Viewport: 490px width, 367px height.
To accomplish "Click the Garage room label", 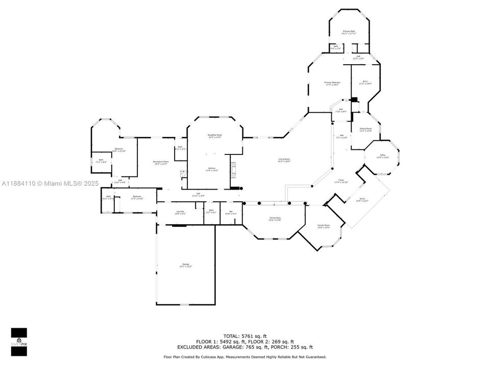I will click(x=185, y=265).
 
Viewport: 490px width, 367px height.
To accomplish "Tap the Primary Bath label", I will click(x=349, y=32).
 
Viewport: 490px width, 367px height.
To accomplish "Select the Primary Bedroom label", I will click(x=332, y=83).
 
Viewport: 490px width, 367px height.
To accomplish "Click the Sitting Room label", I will click(x=365, y=129).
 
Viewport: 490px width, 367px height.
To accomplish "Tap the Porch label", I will click(x=362, y=200).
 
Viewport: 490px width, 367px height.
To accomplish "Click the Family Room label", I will click(x=324, y=226).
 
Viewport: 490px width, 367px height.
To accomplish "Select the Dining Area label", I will click(x=275, y=219).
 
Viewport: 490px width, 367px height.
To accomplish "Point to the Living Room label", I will click(x=284, y=161).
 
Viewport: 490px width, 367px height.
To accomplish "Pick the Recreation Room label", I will click(x=161, y=163).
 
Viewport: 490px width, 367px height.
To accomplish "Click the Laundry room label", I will click(x=180, y=212).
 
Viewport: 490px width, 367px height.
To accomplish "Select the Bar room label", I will click(x=231, y=212).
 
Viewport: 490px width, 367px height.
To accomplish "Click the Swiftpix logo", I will click(x=19, y=338).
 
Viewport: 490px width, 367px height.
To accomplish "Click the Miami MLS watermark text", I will click(x=51, y=183).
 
